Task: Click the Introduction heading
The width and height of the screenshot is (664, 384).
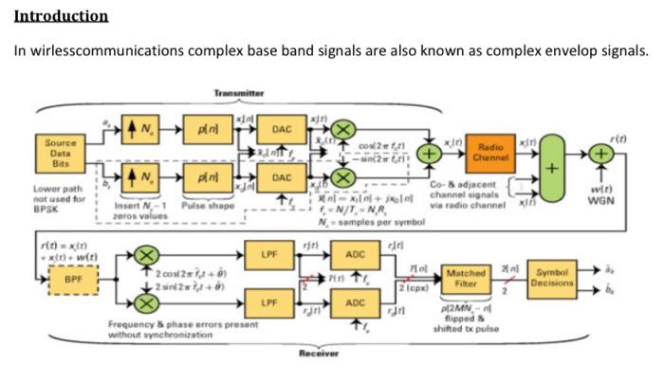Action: coord(61,17)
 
